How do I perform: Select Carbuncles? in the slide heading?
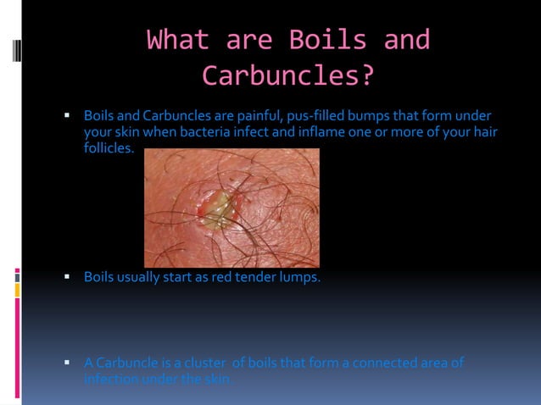[287, 75]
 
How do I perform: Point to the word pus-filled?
[319, 115]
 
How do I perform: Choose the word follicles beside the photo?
[109, 148]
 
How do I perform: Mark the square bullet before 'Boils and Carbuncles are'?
[66, 114]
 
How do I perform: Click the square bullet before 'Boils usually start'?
[66, 276]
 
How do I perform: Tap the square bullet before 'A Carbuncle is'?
[66, 363]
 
